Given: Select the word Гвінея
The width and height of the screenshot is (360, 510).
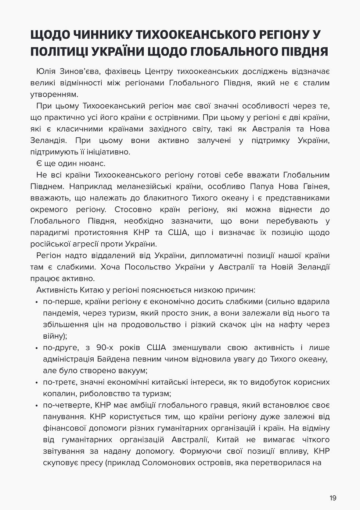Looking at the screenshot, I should click(316, 186).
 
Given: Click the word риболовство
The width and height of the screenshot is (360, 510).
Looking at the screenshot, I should click(97, 393).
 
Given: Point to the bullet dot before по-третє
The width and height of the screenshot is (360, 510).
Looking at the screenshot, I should click(37, 383).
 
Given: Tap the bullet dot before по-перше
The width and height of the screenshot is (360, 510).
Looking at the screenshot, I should click(37, 302).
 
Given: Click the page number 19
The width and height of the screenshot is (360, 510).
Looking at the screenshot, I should click(333, 498).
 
